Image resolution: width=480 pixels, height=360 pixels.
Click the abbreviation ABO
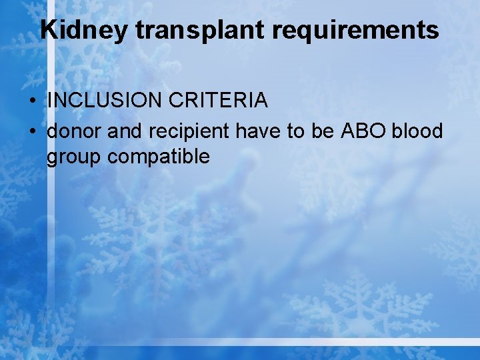pyautogui.click(x=363, y=131)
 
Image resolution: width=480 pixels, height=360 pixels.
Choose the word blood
pyautogui.click(x=417, y=131)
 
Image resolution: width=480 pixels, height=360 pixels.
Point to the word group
pyautogui.click(x=74, y=157)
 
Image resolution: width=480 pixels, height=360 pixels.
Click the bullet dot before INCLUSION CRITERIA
pyautogui.click(x=32, y=101)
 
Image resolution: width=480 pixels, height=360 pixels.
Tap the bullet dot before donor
pyautogui.click(x=32, y=132)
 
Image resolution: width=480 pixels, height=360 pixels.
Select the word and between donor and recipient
pyautogui.click(x=120, y=131)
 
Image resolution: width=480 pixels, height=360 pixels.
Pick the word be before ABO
pyautogui.click(x=323, y=131)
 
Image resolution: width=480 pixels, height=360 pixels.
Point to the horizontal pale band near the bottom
pyautogui.click(x=267, y=341)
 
